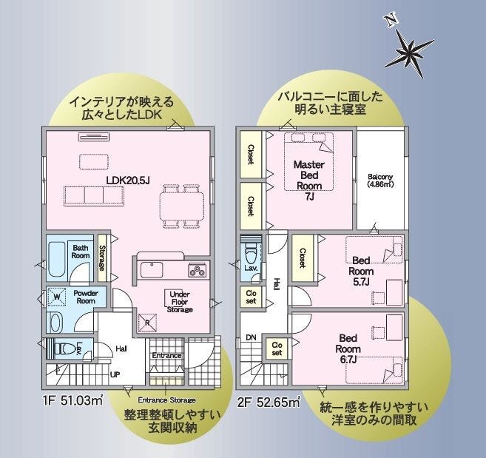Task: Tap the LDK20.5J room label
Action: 128,180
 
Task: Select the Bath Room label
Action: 81,252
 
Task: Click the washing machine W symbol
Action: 57,297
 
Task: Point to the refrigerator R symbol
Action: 147,323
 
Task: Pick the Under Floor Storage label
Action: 180,302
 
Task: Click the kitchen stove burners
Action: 197,270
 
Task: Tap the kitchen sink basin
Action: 152,270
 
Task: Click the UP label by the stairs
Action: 115,374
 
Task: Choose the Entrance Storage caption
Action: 166,400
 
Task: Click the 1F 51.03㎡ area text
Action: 73,401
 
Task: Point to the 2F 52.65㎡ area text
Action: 269,403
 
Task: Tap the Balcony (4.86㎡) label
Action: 380,181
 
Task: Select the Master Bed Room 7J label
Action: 309,180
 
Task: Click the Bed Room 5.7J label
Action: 361,271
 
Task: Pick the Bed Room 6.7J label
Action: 348,348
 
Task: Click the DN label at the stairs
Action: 251,337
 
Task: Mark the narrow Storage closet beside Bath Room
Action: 102,258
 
